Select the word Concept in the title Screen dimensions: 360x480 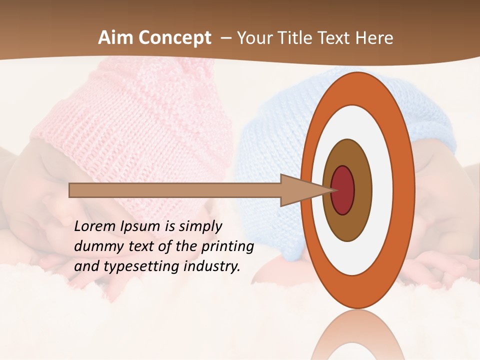pyautogui.click(x=175, y=38)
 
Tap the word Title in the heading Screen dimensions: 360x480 pyautogui.click(x=297, y=38)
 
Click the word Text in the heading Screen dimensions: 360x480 pyautogui.click(x=334, y=38)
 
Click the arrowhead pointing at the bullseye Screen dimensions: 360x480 pyautogui.click(x=300, y=190)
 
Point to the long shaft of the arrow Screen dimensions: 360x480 pyautogui.click(x=175, y=190)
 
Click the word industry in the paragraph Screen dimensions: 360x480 pyautogui.click(x=212, y=266)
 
